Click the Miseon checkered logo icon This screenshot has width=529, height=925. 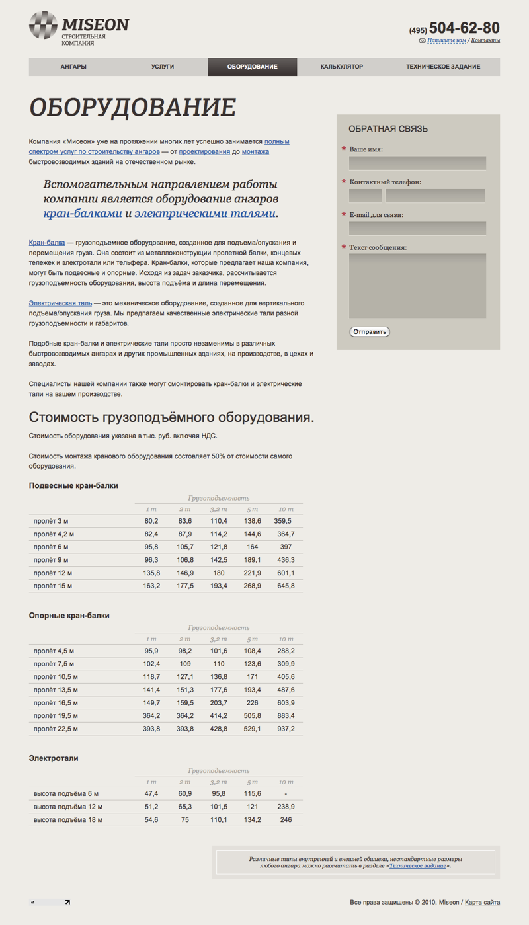pos(44,26)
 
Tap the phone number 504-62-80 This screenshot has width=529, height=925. pos(464,28)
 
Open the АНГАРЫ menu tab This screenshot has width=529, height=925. pos(73,67)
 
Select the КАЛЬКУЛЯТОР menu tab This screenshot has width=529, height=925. pos(342,67)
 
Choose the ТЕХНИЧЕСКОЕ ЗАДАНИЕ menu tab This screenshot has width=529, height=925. pos(443,67)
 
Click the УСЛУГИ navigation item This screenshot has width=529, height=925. pos(163,67)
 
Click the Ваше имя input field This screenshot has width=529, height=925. pos(417,163)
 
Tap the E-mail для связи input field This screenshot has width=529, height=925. pos(417,228)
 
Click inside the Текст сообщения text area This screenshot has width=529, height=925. pos(417,285)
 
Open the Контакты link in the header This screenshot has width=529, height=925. pos(485,40)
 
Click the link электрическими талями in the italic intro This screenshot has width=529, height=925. pos(205,214)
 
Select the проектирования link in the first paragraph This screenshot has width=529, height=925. pos(201,152)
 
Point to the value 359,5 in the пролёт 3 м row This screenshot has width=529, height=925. pos(283,522)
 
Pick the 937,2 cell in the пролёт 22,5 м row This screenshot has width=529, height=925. pos(286,729)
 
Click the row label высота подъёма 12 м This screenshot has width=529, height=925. pos(68,807)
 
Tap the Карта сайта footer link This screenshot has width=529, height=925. pos(482,902)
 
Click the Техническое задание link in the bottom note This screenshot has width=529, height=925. pos(417,865)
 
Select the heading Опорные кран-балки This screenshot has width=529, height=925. pos(69,616)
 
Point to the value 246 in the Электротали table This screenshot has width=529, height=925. pos(286,820)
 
